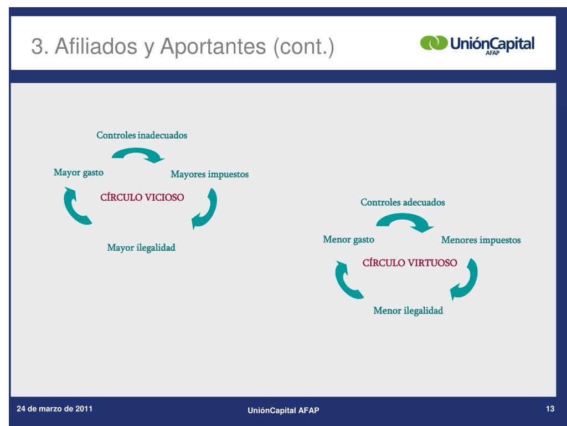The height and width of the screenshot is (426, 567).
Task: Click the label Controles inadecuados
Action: pyautogui.click(x=142, y=135)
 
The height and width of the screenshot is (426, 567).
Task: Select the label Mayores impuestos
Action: pyautogui.click(x=209, y=174)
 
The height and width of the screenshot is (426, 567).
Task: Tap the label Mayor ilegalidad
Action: pyautogui.click(x=141, y=247)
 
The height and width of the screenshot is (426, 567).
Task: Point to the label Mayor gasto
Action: pyautogui.click(x=79, y=173)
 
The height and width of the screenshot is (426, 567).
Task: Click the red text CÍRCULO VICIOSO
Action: pyautogui.click(x=142, y=197)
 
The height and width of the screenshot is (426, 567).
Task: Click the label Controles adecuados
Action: pyautogui.click(x=403, y=202)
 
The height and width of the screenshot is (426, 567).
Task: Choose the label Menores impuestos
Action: pyautogui.click(x=481, y=240)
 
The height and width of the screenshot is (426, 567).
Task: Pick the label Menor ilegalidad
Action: pyautogui.click(x=408, y=311)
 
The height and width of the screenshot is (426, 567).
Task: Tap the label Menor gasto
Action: pyautogui.click(x=348, y=240)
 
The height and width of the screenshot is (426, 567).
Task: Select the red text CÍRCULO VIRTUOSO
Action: pyautogui.click(x=410, y=263)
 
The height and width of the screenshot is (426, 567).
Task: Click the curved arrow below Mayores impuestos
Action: pyautogui.click(x=205, y=209)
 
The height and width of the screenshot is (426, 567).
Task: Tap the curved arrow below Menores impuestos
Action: pyautogui.click(x=465, y=280)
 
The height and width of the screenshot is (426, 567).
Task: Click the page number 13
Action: pyautogui.click(x=550, y=409)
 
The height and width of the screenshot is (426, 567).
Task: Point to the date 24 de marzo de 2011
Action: pyautogui.click(x=55, y=409)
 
